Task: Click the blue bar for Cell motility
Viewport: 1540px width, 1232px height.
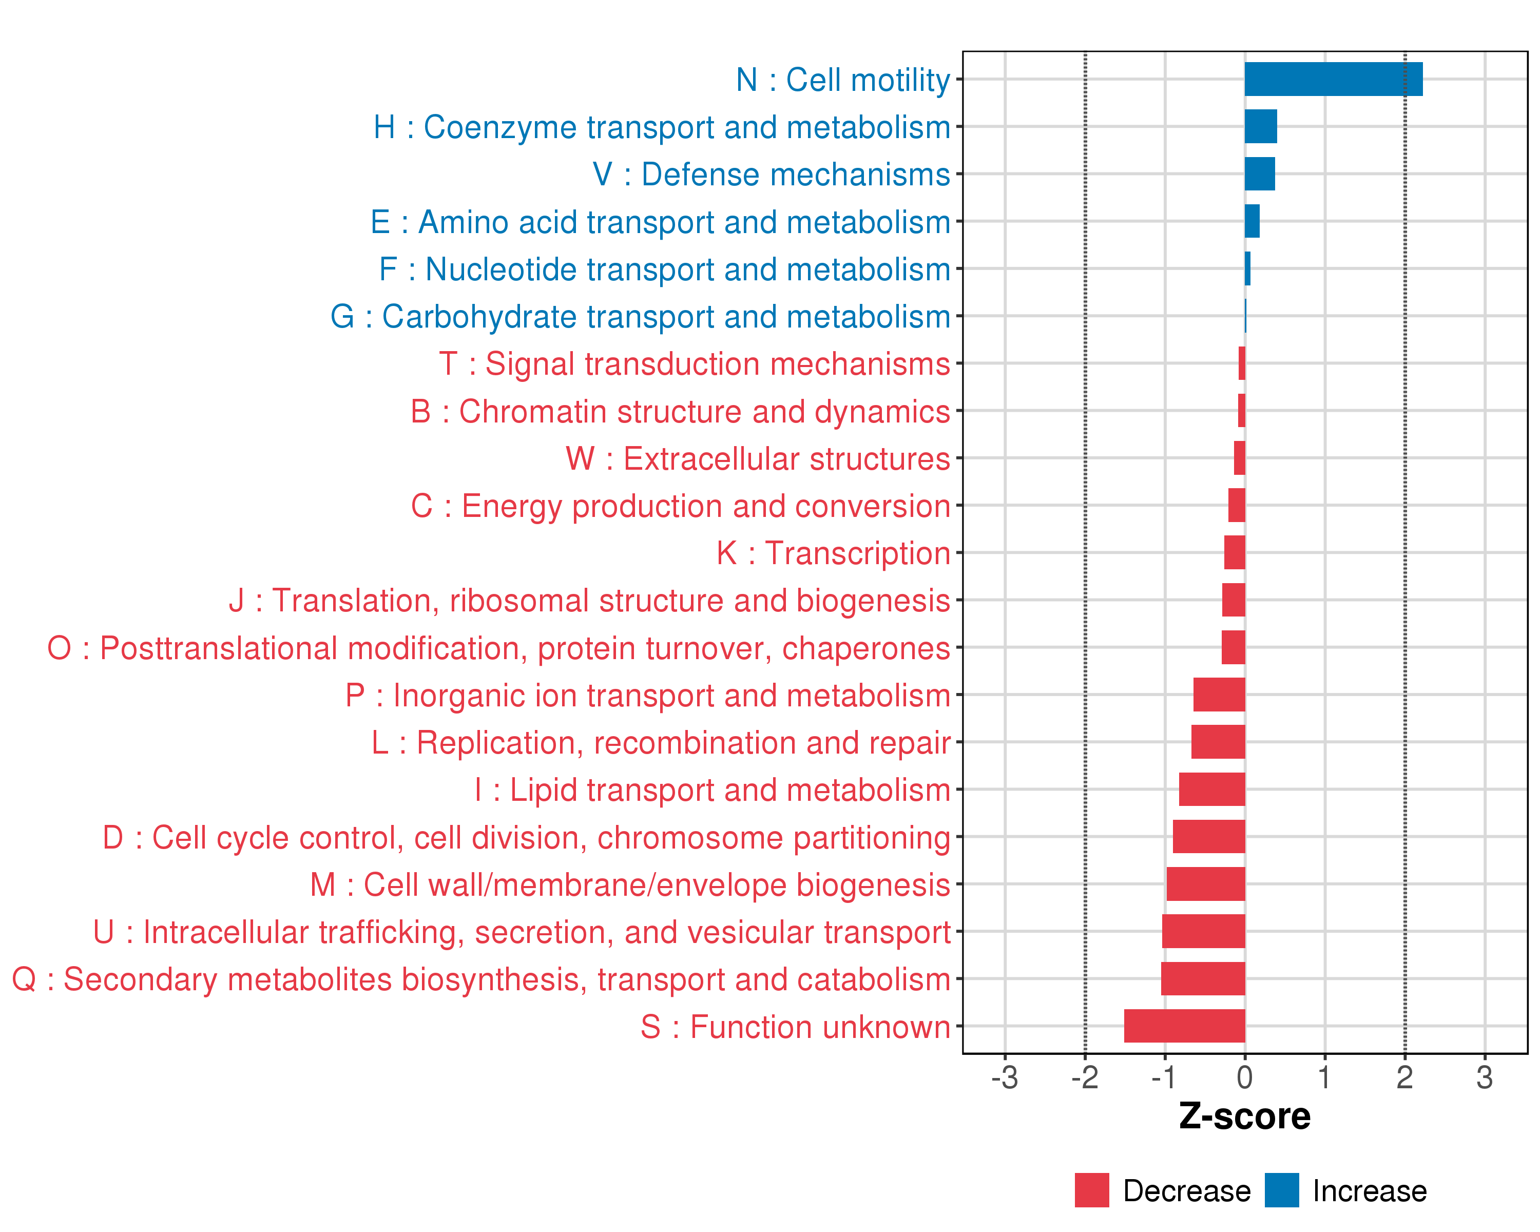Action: coord(1333,79)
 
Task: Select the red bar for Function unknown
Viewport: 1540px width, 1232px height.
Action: coord(1184,1026)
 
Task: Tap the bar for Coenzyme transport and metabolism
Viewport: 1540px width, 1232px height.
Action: coord(1261,126)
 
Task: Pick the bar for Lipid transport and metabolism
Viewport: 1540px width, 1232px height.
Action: coord(1211,789)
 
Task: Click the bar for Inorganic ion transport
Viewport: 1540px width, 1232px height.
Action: coord(1219,694)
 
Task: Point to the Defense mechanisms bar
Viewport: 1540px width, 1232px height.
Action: coord(1259,174)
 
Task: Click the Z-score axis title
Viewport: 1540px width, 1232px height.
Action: coord(1244,1116)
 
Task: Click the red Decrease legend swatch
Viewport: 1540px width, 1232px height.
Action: coord(1091,1190)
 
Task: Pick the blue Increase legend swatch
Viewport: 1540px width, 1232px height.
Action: coord(1281,1190)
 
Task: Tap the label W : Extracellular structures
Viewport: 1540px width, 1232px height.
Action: coord(757,458)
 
